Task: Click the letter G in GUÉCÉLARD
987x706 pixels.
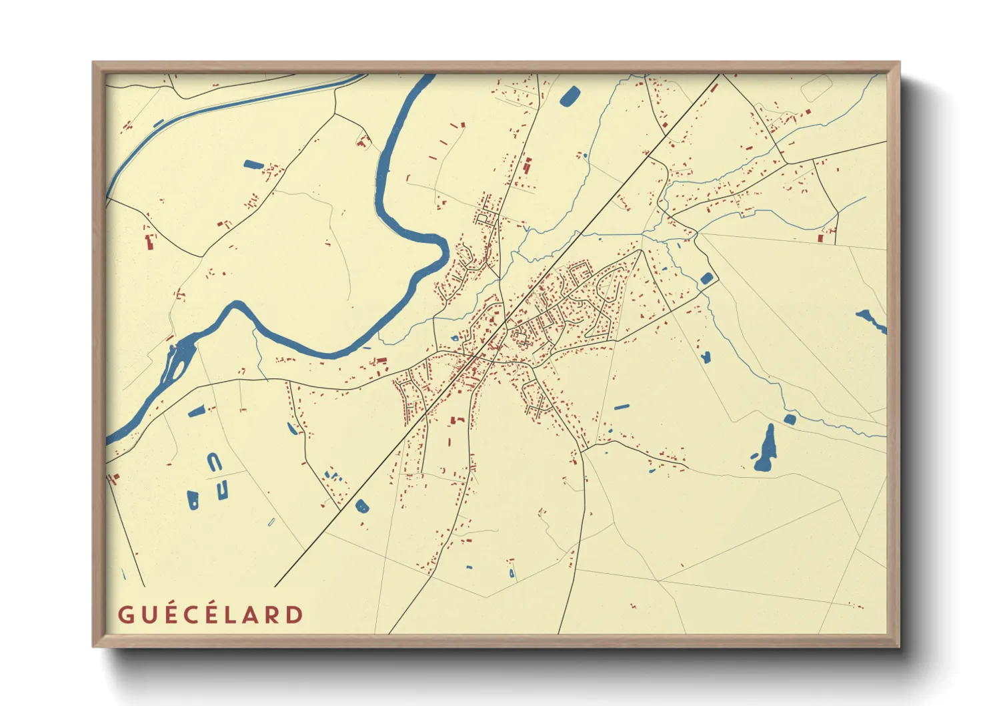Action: coord(125,615)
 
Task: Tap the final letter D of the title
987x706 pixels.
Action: coord(294,615)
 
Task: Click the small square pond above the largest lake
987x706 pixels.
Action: coord(790,419)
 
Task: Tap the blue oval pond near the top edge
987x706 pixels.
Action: coord(570,97)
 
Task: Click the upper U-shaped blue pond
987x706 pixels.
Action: coord(213,462)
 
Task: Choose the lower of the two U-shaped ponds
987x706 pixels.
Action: coord(222,490)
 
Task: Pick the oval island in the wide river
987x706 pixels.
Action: coord(178,360)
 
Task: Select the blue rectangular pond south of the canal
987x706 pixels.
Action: coord(253,164)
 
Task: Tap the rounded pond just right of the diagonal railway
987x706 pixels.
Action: coord(361,506)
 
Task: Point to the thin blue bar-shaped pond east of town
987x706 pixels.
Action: coord(621,406)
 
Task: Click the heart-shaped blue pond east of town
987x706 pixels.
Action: coord(706,357)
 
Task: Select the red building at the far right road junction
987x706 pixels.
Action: coord(820,238)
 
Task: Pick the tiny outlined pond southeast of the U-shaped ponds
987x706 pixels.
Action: coord(271,521)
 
